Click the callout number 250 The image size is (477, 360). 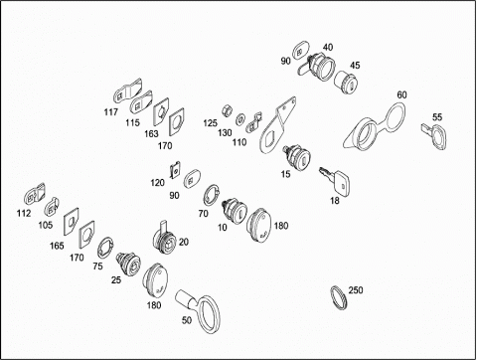point(356,290)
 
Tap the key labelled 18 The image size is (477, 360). point(335,182)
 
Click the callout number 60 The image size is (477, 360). point(401,94)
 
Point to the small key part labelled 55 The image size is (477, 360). point(435,135)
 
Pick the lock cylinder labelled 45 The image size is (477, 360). point(346,83)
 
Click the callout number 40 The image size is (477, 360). point(328,47)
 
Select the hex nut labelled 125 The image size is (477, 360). point(226,109)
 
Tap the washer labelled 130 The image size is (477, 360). point(239,119)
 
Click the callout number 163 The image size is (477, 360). point(151,133)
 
